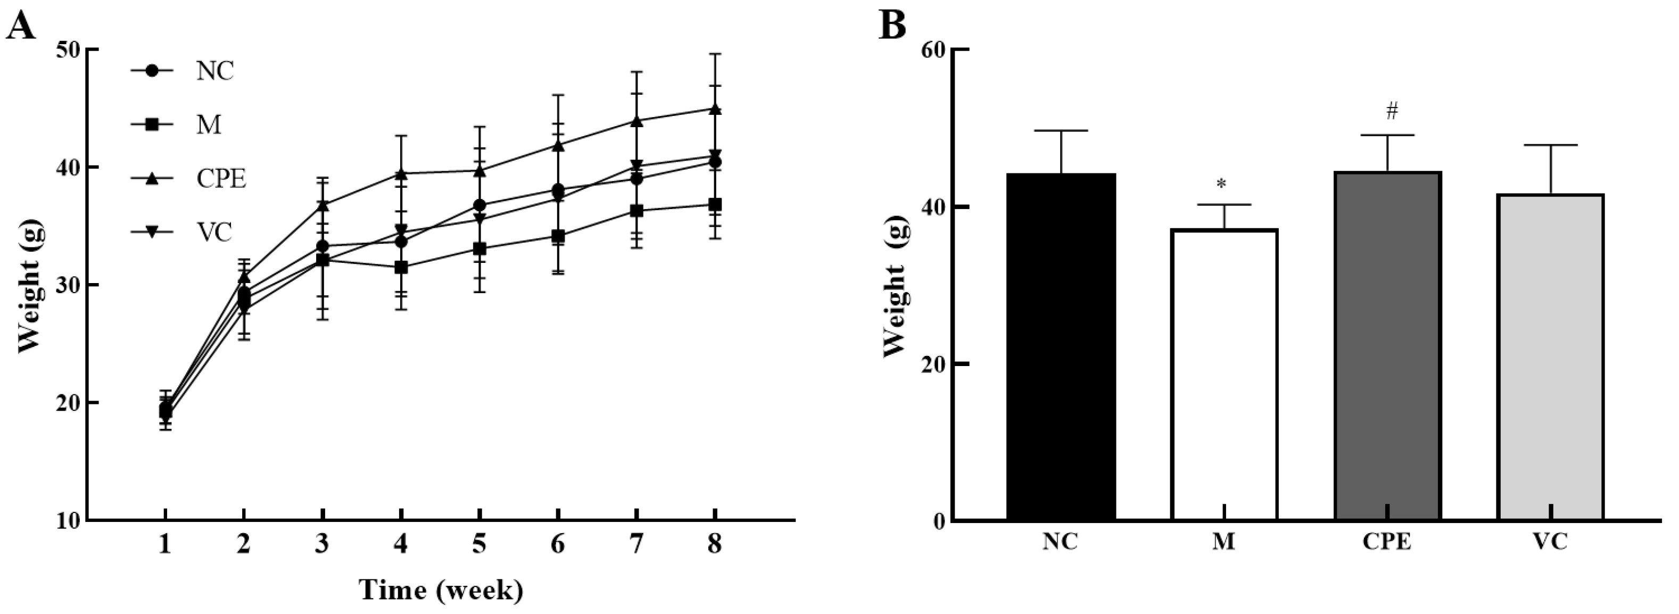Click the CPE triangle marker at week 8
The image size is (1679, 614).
(x=715, y=109)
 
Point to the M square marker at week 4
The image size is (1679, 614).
(x=401, y=267)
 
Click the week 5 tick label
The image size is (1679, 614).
(x=479, y=544)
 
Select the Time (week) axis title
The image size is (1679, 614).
(x=441, y=591)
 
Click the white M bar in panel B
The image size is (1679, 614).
(x=1223, y=374)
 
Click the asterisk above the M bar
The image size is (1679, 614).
(x=1221, y=185)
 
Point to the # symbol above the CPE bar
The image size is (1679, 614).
(x=1392, y=112)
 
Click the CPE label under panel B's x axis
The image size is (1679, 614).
(x=1386, y=543)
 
